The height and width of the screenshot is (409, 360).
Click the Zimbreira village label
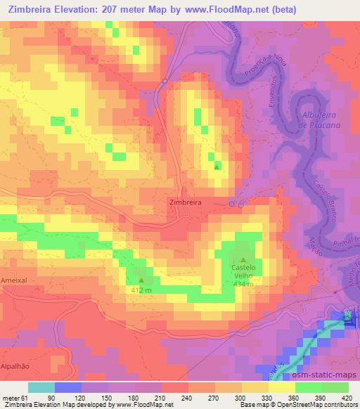(x=186, y=202)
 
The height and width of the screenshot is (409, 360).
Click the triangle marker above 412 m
(x=141, y=280)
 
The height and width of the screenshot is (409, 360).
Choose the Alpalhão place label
(x=16, y=366)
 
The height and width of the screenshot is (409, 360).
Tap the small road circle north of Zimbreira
(x=165, y=82)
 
